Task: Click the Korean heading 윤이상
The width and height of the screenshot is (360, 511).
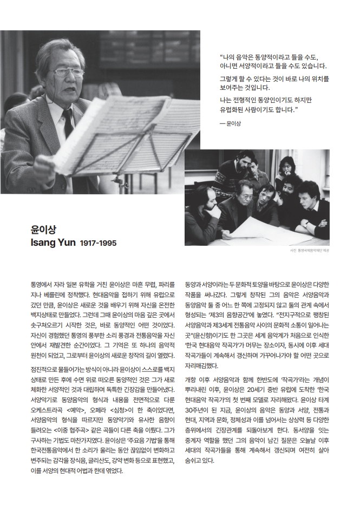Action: [42, 228]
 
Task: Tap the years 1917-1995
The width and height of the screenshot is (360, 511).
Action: [98, 243]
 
